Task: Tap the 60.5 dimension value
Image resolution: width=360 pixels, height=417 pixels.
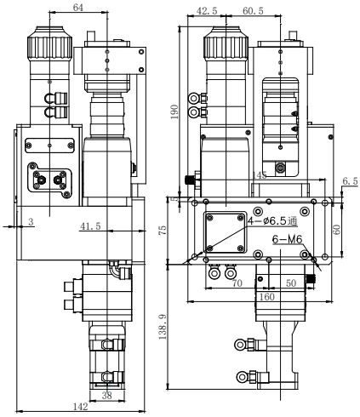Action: pos(253,12)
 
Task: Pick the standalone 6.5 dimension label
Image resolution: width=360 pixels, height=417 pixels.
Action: pos(349,181)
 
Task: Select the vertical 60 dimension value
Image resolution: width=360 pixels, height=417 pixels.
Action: pos(337,229)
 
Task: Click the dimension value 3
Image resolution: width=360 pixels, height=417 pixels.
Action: pos(31,222)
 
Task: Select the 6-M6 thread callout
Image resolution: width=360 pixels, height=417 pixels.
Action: pos(286,242)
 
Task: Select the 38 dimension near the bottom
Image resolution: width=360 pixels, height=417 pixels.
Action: pos(106,396)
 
